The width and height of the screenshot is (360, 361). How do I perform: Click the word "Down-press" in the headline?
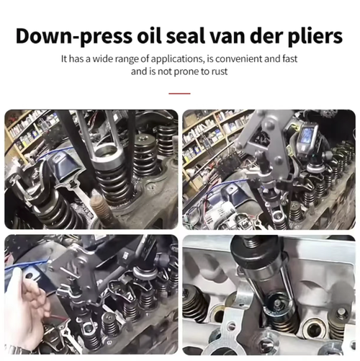tap(74, 37)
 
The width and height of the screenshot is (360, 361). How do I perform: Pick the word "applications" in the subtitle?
tap(178, 59)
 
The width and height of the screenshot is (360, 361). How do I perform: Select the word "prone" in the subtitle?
tap(186, 72)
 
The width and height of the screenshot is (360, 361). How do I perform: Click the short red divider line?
tap(179, 94)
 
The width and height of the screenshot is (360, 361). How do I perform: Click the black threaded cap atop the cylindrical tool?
tap(257, 251)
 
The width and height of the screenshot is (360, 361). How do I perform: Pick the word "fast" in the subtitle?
tap(289, 58)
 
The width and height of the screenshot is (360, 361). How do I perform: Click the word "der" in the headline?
tap(266, 36)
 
